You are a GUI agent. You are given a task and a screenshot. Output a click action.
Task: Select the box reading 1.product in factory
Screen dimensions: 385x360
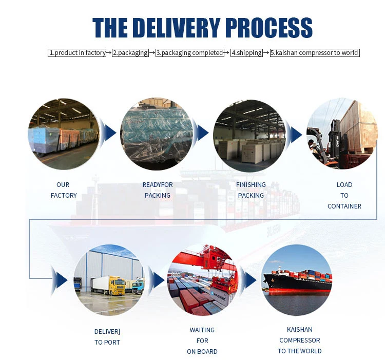click(x=78, y=52)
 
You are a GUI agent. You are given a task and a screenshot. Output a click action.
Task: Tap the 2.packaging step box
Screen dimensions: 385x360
click(x=130, y=52)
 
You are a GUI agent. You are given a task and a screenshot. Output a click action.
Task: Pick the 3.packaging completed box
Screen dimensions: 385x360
click(x=190, y=52)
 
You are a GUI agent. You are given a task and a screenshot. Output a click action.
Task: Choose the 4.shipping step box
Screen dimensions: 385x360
click(x=246, y=52)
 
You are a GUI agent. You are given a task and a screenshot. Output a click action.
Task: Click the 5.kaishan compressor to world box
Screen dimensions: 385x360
click(x=315, y=52)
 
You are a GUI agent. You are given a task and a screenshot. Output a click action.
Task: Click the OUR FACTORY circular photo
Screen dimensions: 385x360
click(x=64, y=134)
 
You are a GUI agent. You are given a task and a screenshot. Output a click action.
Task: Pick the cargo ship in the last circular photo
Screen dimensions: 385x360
click(x=298, y=281)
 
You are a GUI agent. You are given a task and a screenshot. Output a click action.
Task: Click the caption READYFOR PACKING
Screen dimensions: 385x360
click(x=158, y=190)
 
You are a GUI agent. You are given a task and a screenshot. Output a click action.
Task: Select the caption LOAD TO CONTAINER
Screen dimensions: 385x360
click(x=344, y=195)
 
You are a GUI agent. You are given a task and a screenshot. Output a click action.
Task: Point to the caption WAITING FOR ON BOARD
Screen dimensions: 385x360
click(x=202, y=340)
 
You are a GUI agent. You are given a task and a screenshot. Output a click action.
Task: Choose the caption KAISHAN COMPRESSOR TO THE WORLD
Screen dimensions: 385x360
click(x=300, y=340)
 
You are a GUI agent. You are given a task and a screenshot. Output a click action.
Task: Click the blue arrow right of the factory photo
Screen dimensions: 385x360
click(x=108, y=134)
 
